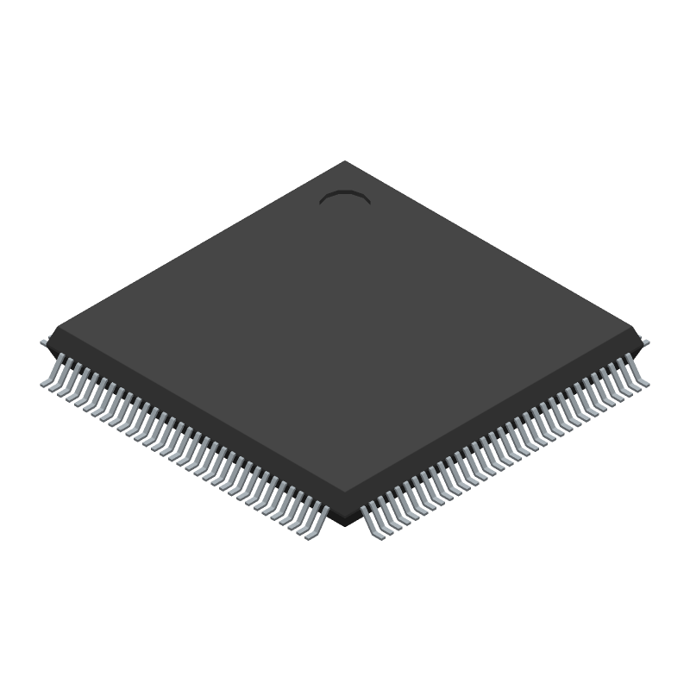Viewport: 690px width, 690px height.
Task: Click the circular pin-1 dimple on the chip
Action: tap(345, 199)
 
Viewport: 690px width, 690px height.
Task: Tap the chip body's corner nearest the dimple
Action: tap(345, 162)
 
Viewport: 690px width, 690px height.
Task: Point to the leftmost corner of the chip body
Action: tap(52, 333)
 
